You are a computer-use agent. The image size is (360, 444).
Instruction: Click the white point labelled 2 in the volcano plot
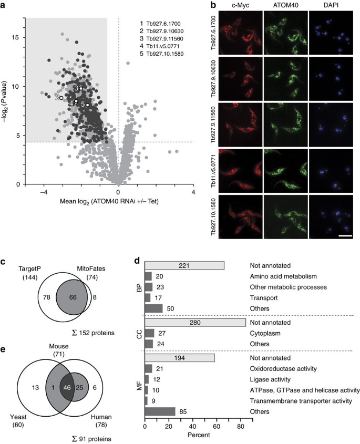[61, 98]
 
